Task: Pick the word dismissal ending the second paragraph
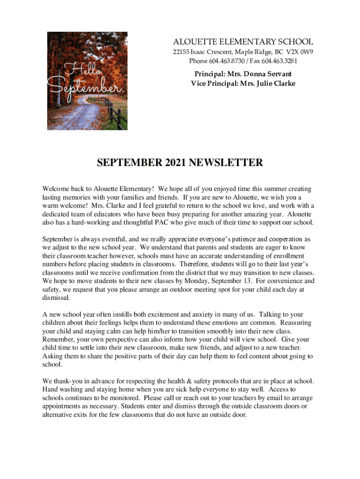tap(56, 298)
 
